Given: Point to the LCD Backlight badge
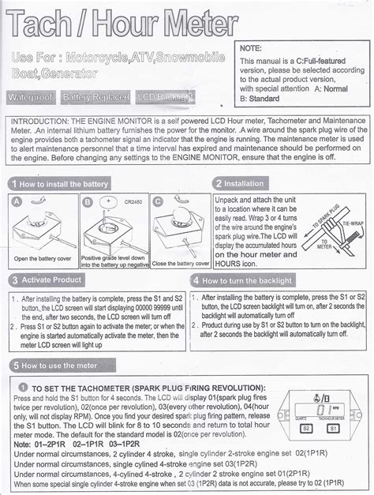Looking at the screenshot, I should tap(166, 97).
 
